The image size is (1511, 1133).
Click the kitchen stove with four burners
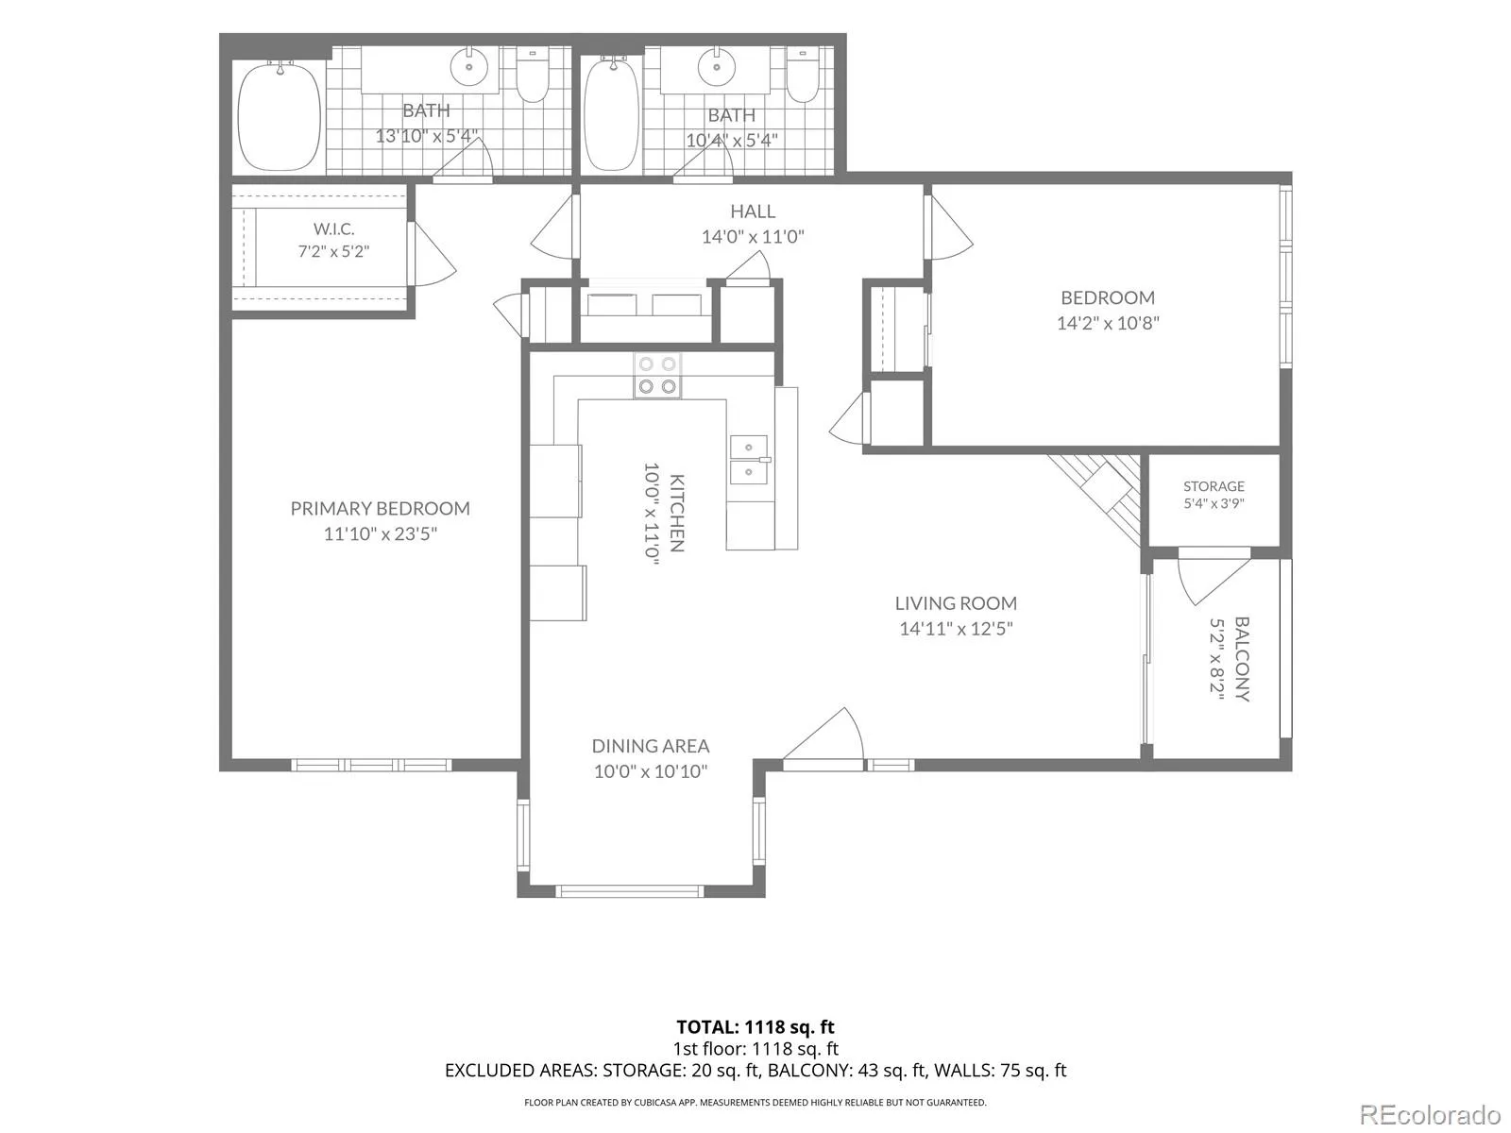[x=657, y=376]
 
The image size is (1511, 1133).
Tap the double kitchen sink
[x=749, y=460]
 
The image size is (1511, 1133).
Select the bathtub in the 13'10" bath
[x=280, y=116]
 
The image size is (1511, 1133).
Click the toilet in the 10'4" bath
[x=803, y=75]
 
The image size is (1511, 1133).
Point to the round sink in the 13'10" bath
[x=469, y=67]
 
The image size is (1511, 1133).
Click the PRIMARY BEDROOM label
[x=380, y=508]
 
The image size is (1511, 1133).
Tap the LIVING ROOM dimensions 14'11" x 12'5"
[x=956, y=629]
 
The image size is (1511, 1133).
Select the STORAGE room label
[x=1214, y=486]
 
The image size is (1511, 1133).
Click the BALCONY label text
[x=1242, y=659]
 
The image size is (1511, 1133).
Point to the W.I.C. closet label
[x=334, y=228]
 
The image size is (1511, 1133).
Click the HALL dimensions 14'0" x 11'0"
[x=753, y=237]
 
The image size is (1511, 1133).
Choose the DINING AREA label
[x=651, y=746]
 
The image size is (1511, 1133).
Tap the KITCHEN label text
[x=677, y=513]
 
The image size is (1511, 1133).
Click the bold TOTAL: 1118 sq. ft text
[x=755, y=1027]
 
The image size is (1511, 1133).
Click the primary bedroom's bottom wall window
[x=371, y=765]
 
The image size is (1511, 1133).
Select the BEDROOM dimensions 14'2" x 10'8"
[x=1108, y=323]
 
